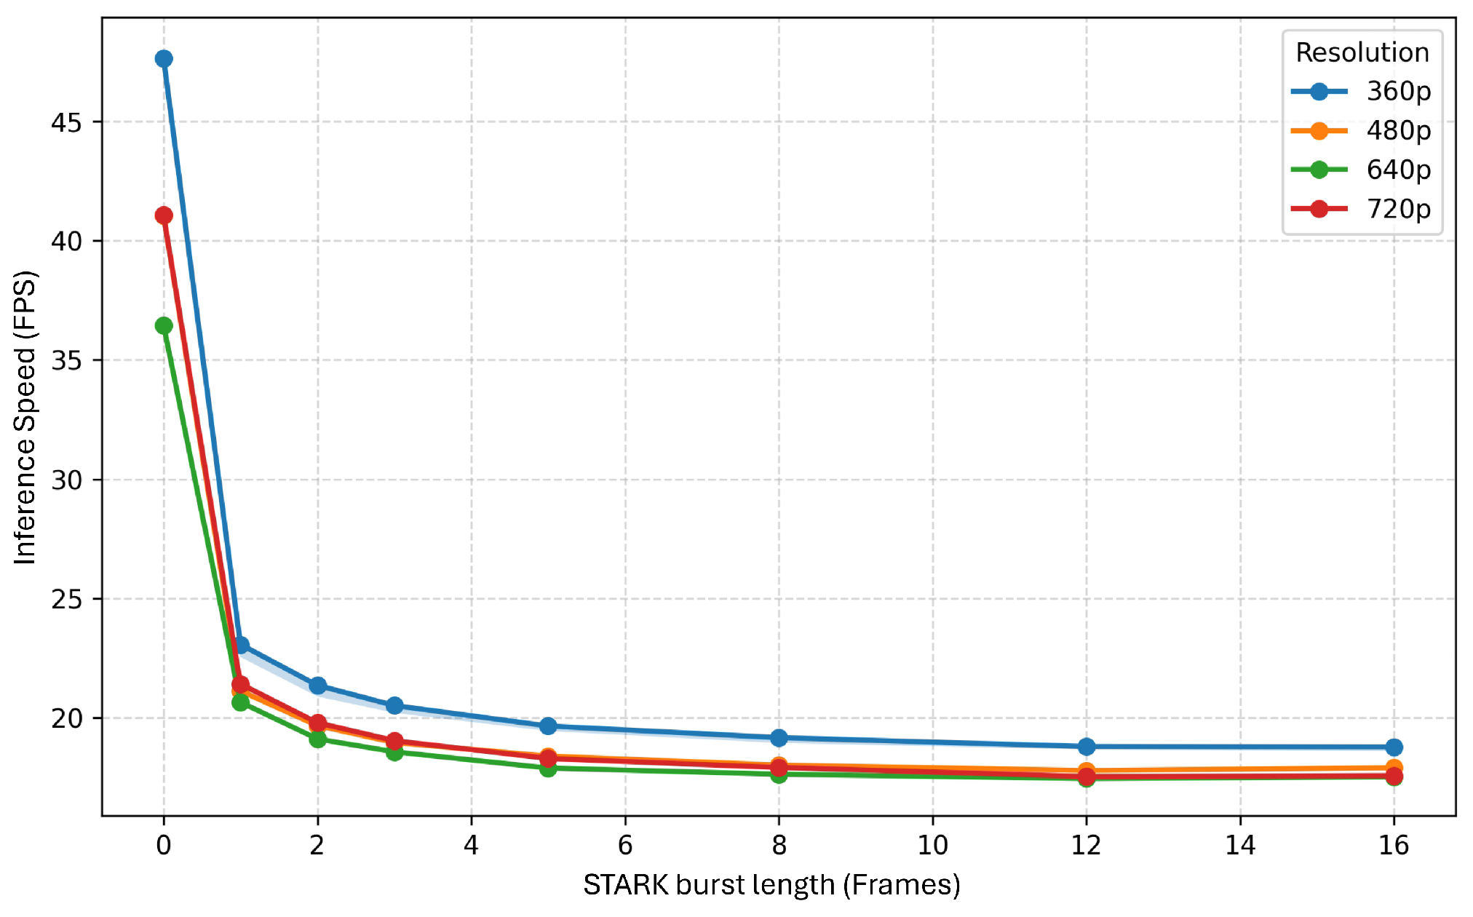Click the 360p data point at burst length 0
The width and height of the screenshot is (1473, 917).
point(164,59)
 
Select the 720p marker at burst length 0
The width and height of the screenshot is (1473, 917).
point(164,215)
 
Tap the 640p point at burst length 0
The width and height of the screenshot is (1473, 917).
point(164,325)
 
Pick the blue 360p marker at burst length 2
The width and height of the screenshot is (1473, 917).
point(317,686)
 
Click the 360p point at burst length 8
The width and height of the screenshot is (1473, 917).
point(779,738)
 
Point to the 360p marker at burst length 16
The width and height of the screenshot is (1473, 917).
point(1394,747)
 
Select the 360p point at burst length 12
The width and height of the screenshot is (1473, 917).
point(1087,747)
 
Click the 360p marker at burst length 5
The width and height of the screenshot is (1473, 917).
point(548,726)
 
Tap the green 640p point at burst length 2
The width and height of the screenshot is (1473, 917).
point(317,739)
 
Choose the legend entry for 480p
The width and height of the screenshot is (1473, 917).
point(1361,131)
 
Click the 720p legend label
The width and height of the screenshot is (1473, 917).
point(1399,210)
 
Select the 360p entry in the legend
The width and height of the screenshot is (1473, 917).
point(1361,92)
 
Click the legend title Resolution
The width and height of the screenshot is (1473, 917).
point(1362,52)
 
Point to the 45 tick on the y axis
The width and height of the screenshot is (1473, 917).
point(66,122)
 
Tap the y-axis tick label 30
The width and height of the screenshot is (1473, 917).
point(66,480)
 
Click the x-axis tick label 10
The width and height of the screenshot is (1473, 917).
point(932,845)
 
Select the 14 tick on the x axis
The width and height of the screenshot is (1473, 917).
point(1240,845)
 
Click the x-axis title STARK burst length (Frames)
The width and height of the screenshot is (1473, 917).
point(771,885)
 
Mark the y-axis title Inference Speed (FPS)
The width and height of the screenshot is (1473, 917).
point(25,418)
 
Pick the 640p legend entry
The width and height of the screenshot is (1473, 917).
point(1361,170)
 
